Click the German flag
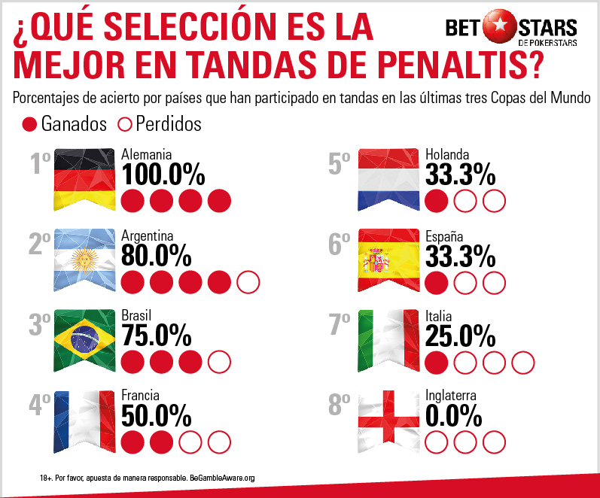[84, 178]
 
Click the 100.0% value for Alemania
[163, 175]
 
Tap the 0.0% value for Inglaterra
[453, 414]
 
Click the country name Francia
[141, 394]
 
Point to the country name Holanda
[449, 153]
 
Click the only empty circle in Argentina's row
[248, 283]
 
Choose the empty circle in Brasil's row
[219, 362]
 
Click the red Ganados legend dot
[29, 123]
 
